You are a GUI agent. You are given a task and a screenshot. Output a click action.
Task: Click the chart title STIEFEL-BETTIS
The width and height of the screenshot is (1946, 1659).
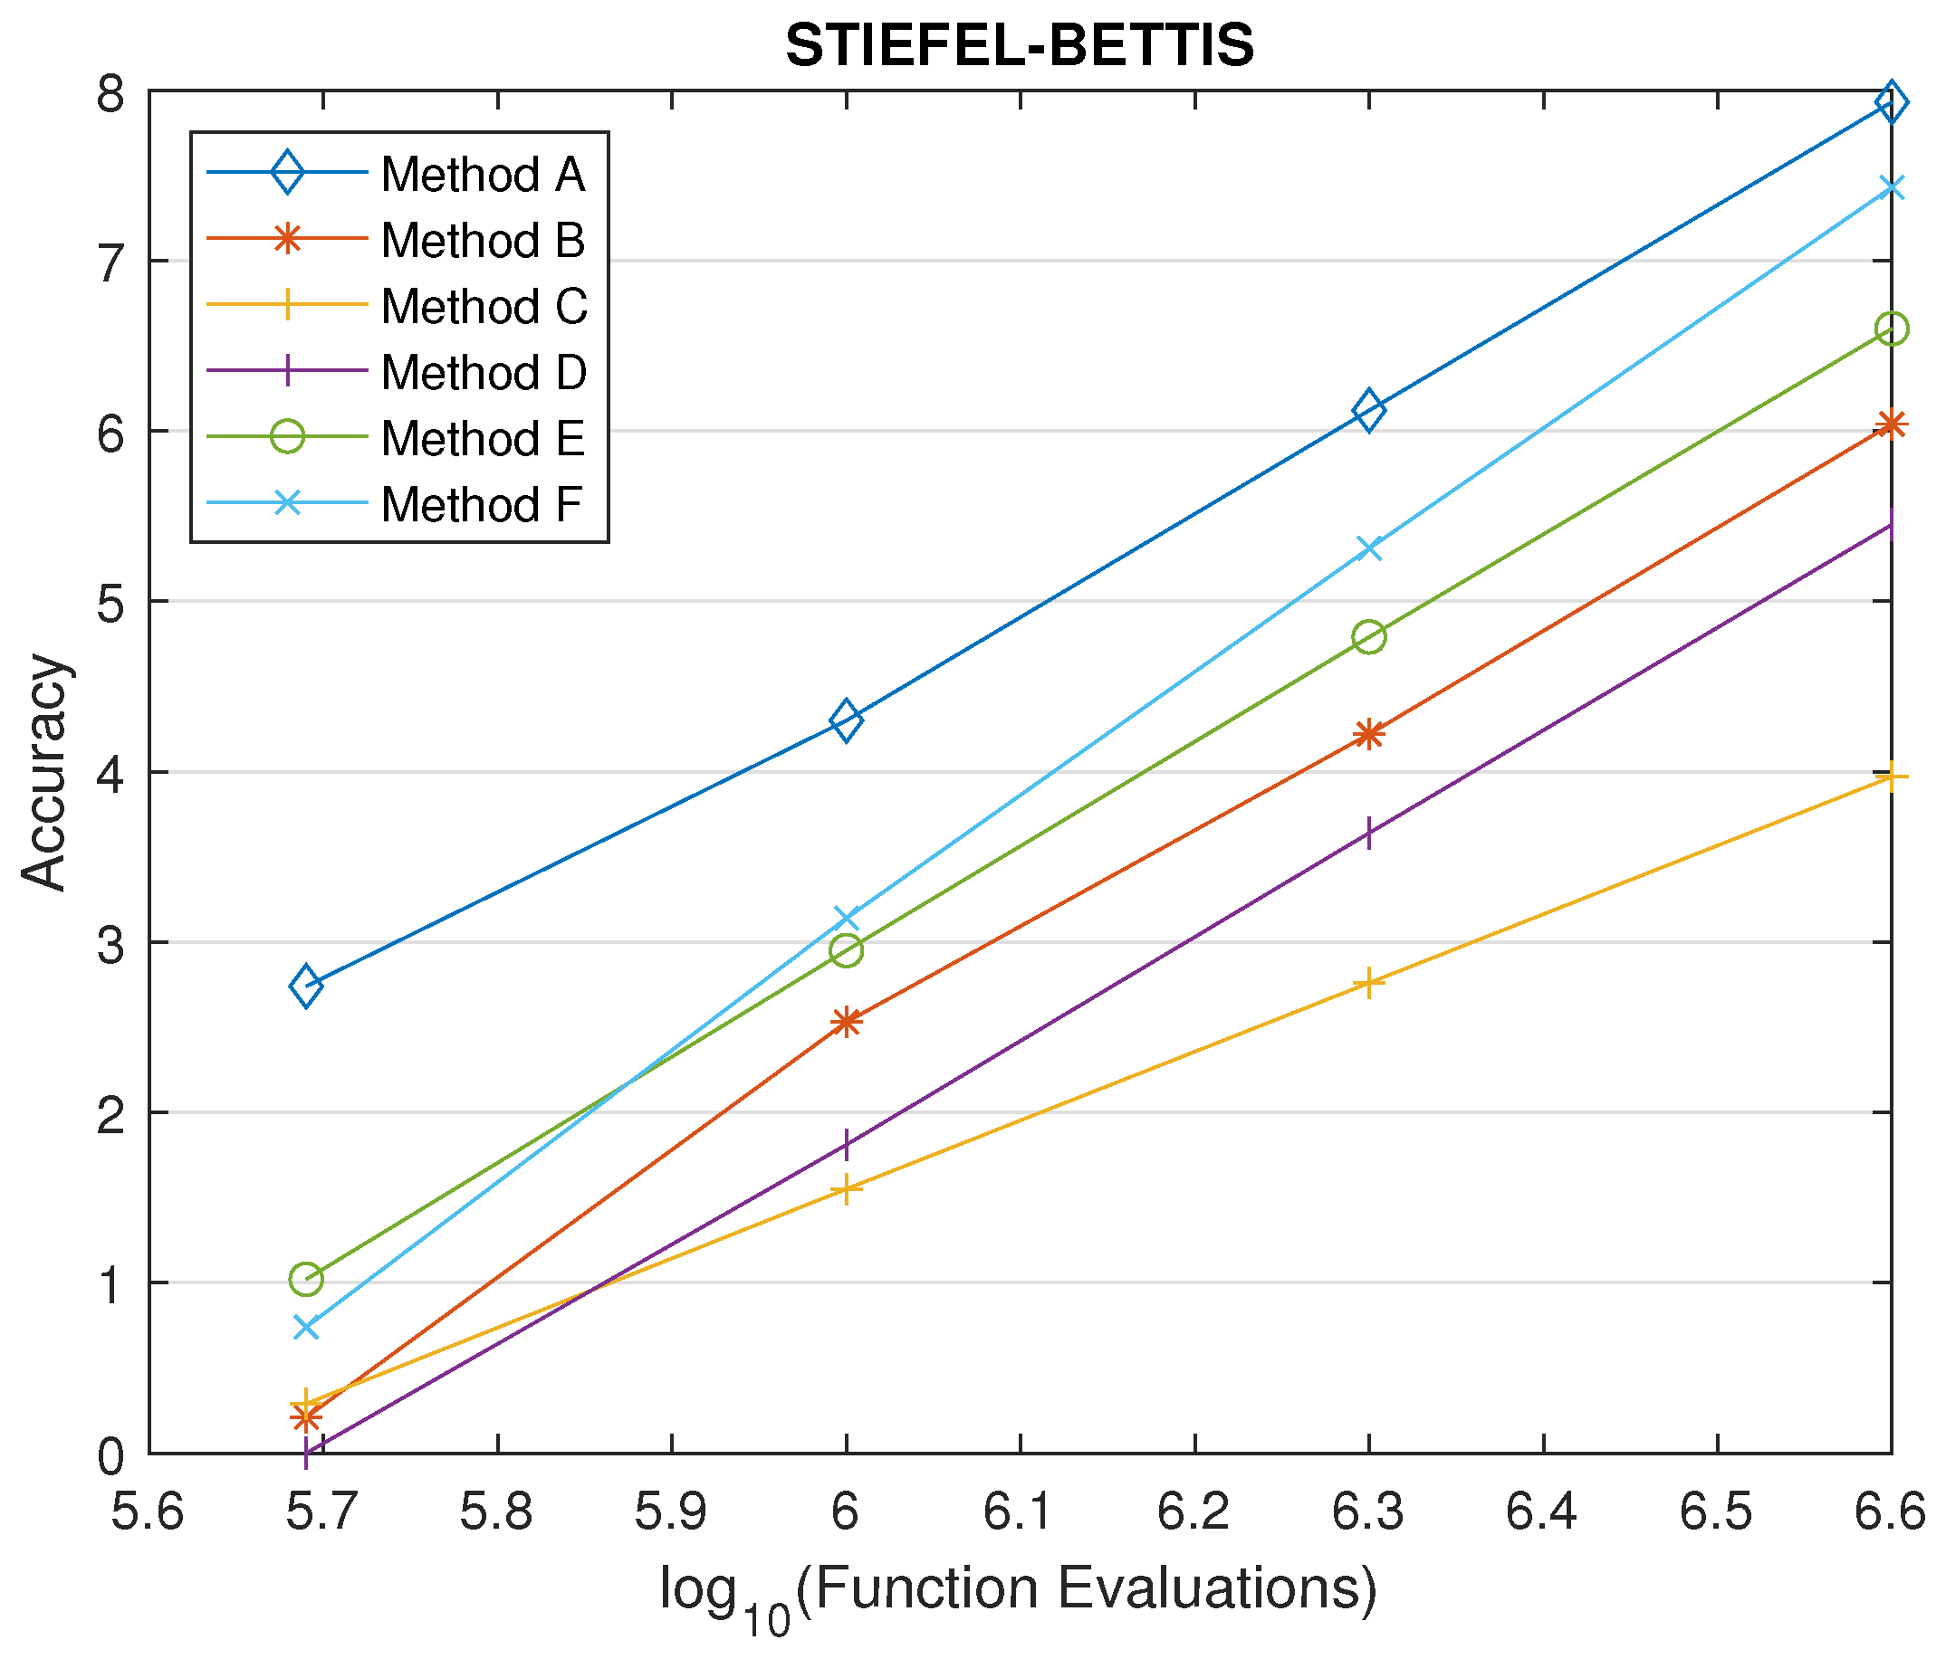pos(1019,45)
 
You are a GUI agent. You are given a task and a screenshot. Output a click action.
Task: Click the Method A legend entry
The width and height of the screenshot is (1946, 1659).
pos(482,175)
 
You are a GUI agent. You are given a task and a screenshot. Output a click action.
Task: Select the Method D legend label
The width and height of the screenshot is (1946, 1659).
pos(483,373)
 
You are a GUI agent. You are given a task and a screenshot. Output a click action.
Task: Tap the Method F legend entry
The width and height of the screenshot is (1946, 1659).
pos(481,505)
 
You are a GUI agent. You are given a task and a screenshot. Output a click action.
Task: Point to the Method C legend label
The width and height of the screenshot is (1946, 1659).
pos(484,307)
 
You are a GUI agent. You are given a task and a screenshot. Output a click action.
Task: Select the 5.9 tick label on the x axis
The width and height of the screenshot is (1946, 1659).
pos(672,1511)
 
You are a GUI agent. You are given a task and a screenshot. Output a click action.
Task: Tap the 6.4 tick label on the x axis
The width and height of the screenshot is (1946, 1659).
pos(1542,1511)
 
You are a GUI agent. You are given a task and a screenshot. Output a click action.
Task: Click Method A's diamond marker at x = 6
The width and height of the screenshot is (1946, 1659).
pos(846,721)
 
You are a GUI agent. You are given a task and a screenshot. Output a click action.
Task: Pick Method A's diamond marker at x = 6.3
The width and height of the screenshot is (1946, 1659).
pos(1368,410)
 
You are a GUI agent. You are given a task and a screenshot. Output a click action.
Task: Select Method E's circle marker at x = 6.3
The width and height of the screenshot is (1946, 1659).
pos(1368,637)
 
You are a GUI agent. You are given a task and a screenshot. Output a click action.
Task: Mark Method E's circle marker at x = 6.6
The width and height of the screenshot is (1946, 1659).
pos(1891,329)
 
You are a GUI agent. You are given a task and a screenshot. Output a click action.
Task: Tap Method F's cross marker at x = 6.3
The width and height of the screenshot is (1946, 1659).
pos(1368,548)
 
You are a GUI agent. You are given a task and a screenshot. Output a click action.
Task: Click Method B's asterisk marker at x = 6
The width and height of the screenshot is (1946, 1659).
pos(846,1022)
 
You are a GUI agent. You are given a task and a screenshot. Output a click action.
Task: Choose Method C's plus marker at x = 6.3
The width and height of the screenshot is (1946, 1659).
pos(1368,983)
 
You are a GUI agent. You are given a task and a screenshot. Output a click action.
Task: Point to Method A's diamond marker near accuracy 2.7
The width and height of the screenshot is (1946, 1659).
pos(306,986)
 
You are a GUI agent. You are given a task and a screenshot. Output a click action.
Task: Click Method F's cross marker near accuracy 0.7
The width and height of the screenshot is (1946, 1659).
pos(306,1327)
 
